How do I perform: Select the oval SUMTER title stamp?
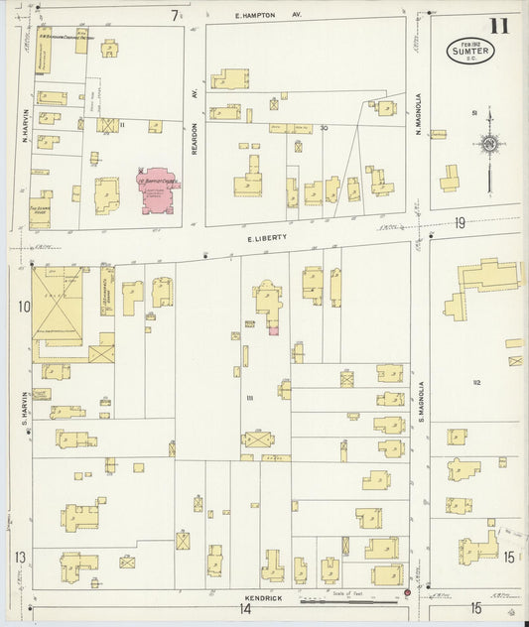point(470,50)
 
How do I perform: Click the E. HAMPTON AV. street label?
point(268,16)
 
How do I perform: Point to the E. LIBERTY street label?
point(267,237)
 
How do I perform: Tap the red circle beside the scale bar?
point(407,593)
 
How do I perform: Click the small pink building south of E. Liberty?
point(273,328)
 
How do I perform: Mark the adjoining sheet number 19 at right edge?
point(461,223)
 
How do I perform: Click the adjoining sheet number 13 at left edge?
point(20,558)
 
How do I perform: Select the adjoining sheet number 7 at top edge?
point(174,15)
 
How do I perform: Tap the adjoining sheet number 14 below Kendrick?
point(244,609)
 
